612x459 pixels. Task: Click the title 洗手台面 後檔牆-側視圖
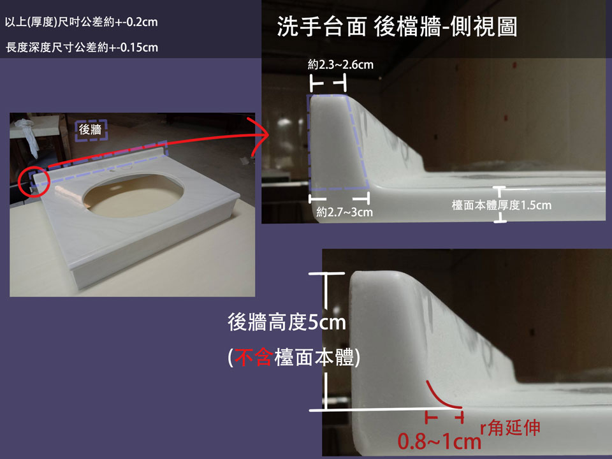click(x=397, y=27)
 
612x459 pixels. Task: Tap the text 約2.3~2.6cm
click(x=340, y=64)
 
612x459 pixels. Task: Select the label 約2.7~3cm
click(x=344, y=212)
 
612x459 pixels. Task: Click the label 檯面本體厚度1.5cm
click(x=502, y=205)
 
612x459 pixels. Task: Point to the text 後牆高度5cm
click(x=287, y=323)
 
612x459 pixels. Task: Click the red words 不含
click(x=254, y=357)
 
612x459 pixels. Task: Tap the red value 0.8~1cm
click(x=439, y=441)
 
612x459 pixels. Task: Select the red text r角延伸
click(x=510, y=428)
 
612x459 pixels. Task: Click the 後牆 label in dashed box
click(x=90, y=129)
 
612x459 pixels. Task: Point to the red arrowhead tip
click(x=269, y=135)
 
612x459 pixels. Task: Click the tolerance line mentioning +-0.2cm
click(x=81, y=22)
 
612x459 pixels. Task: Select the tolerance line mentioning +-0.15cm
click(x=82, y=48)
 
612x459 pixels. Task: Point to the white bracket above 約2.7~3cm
click(x=339, y=199)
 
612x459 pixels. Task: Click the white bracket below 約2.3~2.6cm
click(x=328, y=83)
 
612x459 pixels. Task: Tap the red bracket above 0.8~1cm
click(x=444, y=417)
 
